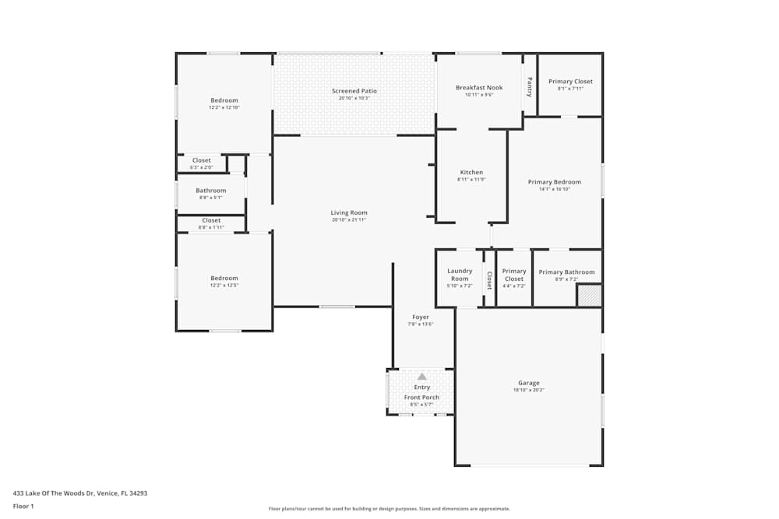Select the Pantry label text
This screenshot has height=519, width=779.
pos(530,86)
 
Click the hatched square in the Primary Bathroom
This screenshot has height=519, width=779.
pos(589,296)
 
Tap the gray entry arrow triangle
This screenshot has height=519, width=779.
pos(421,377)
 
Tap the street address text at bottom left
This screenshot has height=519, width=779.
pos(80,493)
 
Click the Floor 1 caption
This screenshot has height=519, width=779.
pos(23,506)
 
